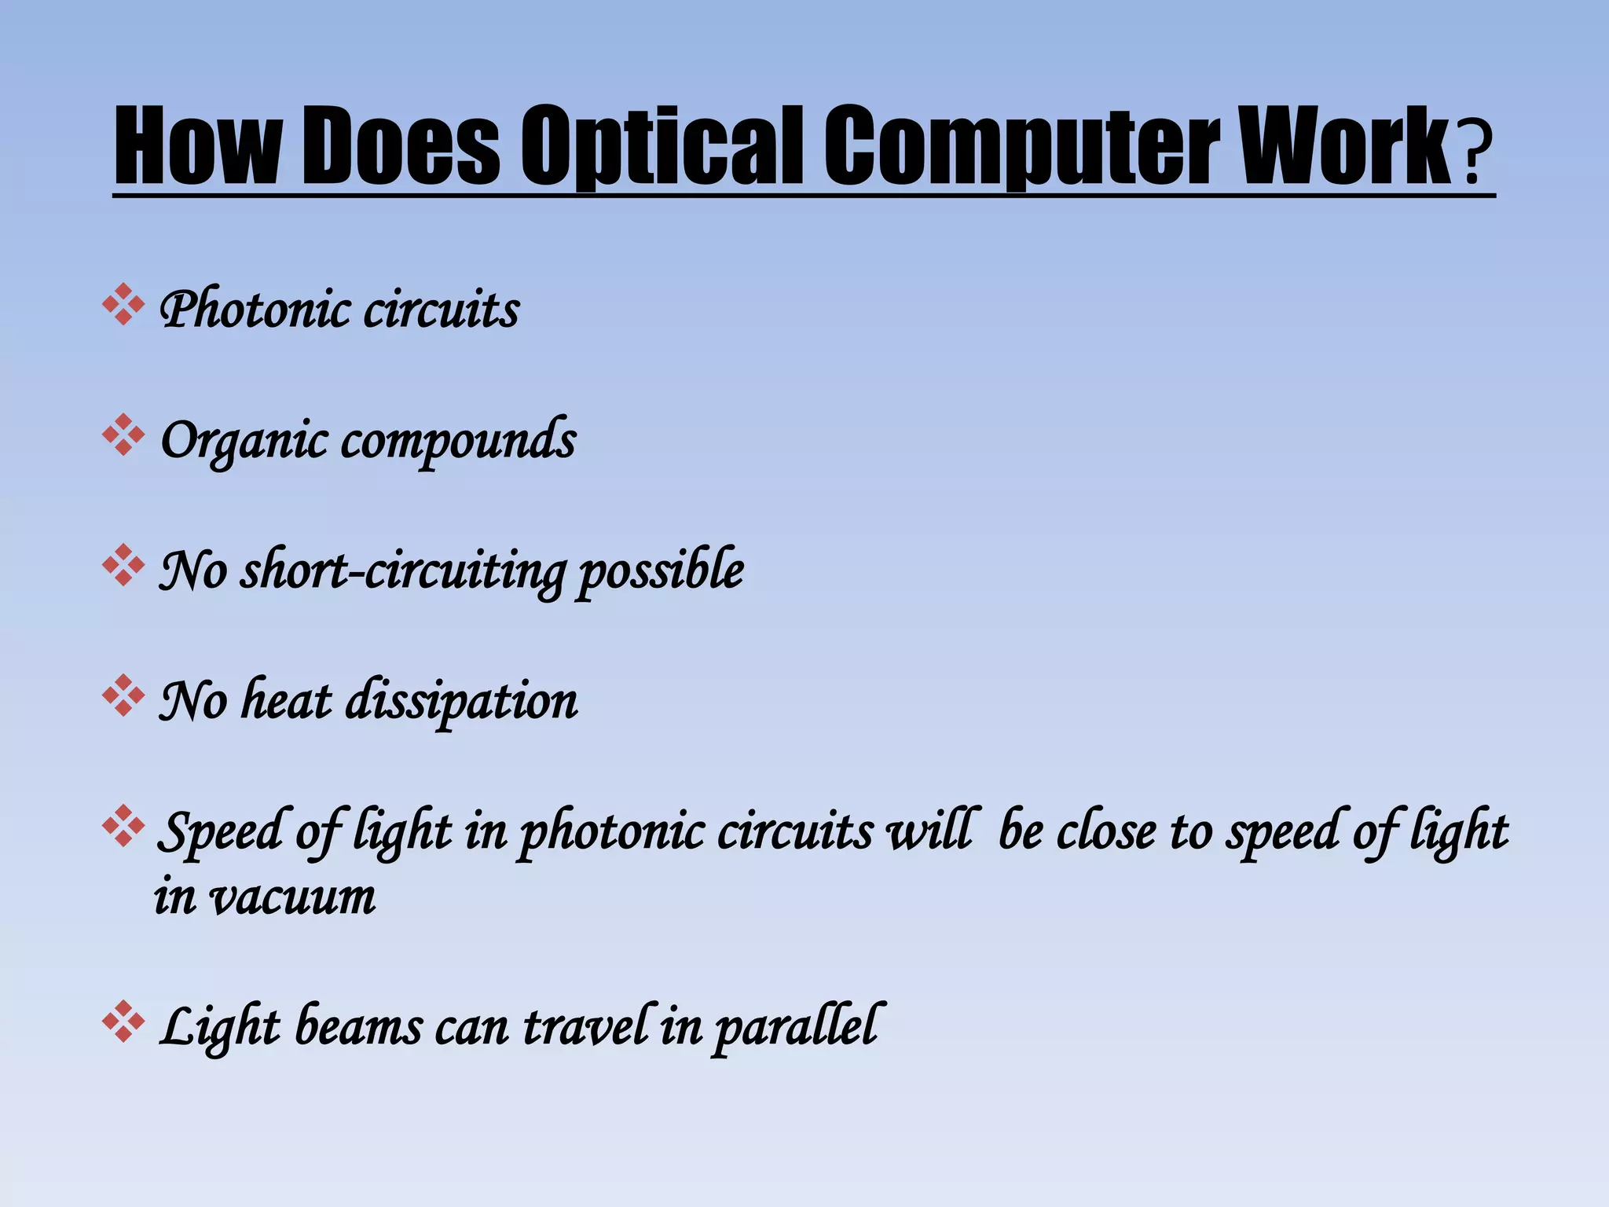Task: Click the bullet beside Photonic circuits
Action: click(x=123, y=305)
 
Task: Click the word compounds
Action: click(x=459, y=439)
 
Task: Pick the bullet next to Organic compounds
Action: click(x=123, y=435)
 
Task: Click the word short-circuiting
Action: click(x=402, y=570)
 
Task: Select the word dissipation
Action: click(x=462, y=701)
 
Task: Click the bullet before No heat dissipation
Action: click(x=123, y=695)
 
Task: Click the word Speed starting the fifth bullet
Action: click(x=220, y=831)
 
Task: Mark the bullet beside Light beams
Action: click(x=123, y=1022)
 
